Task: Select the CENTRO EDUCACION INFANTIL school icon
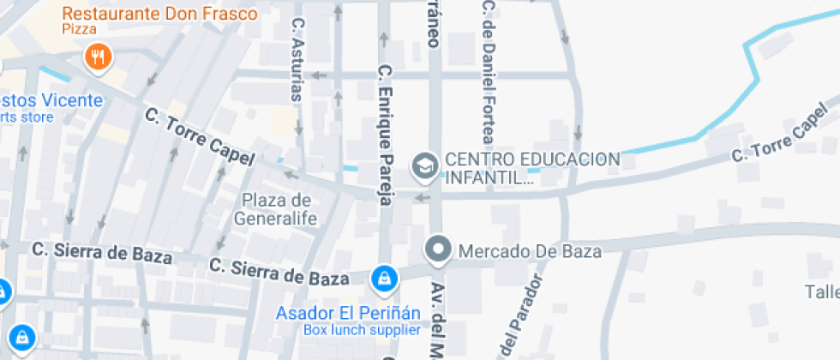[x=423, y=167]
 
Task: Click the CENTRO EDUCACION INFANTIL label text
[x=531, y=169]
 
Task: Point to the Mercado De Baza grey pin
[x=439, y=250]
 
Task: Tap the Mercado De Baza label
[x=530, y=251]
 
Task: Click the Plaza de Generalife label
[x=279, y=209]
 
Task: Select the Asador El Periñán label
[x=348, y=313]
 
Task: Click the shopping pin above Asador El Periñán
[x=382, y=279]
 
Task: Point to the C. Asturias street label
[x=298, y=60]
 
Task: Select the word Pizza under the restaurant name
[x=78, y=29]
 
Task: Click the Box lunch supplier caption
[x=362, y=330]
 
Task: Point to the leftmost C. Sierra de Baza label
[x=102, y=252]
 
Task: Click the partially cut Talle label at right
[x=822, y=291]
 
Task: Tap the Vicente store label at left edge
[x=51, y=100]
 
